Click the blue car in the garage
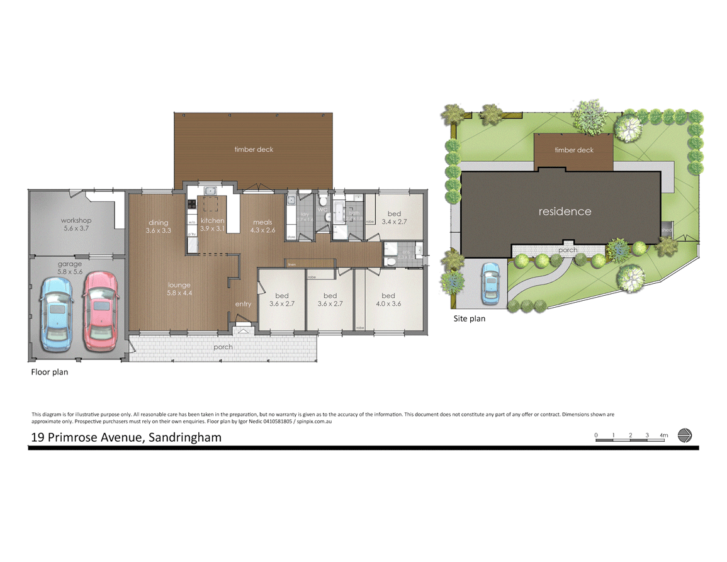point(57,313)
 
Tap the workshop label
point(76,220)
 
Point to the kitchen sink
point(210,191)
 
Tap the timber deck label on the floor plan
point(254,149)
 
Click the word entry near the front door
point(243,304)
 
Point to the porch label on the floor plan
point(223,347)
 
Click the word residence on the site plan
point(565,211)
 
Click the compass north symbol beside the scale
point(685,436)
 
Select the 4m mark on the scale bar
point(663,435)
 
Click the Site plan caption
point(470,318)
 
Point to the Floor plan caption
point(50,372)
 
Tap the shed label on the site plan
point(666,230)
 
